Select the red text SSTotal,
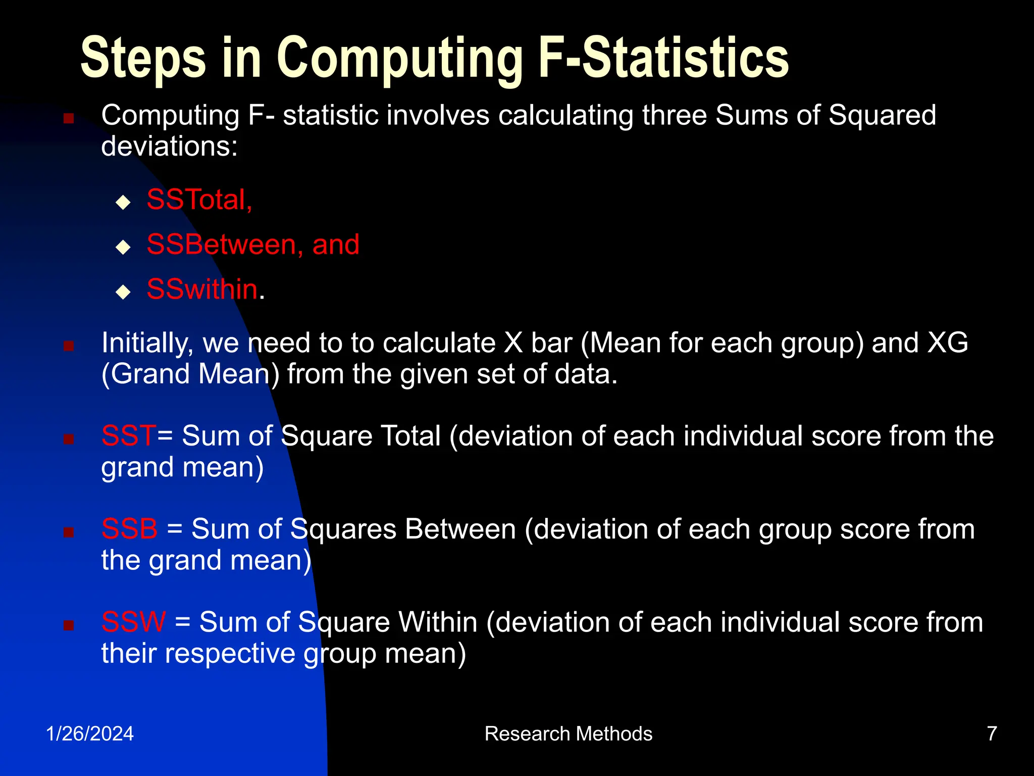click(x=199, y=200)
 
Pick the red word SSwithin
click(x=202, y=289)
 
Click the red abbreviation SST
click(x=129, y=435)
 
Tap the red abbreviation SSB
click(x=129, y=529)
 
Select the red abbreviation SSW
click(x=133, y=622)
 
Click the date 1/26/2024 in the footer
click(x=90, y=734)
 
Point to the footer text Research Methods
click(x=568, y=734)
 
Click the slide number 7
click(x=992, y=734)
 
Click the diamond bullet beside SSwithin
click(x=123, y=293)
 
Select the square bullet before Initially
click(x=69, y=346)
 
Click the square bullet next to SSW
click(x=69, y=625)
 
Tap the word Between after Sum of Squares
click(x=460, y=529)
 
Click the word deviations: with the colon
click(x=169, y=147)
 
